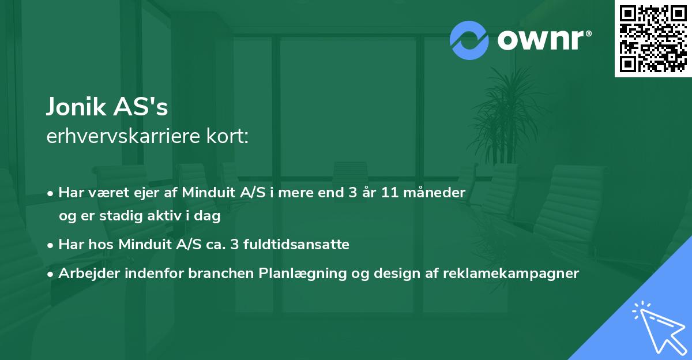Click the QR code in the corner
(x=653, y=39)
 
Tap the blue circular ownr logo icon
(x=469, y=40)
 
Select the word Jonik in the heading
(x=76, y=107)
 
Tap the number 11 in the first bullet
(x=390, y=193)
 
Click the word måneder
(x=434, y=193)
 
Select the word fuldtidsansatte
(x=296, y=244)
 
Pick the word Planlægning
(x=302, y=273)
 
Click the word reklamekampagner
(x=511, y=273)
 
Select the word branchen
(x=221, y=273)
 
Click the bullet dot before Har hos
(x=50, y=246)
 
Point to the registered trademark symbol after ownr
(x=588, y=33)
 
